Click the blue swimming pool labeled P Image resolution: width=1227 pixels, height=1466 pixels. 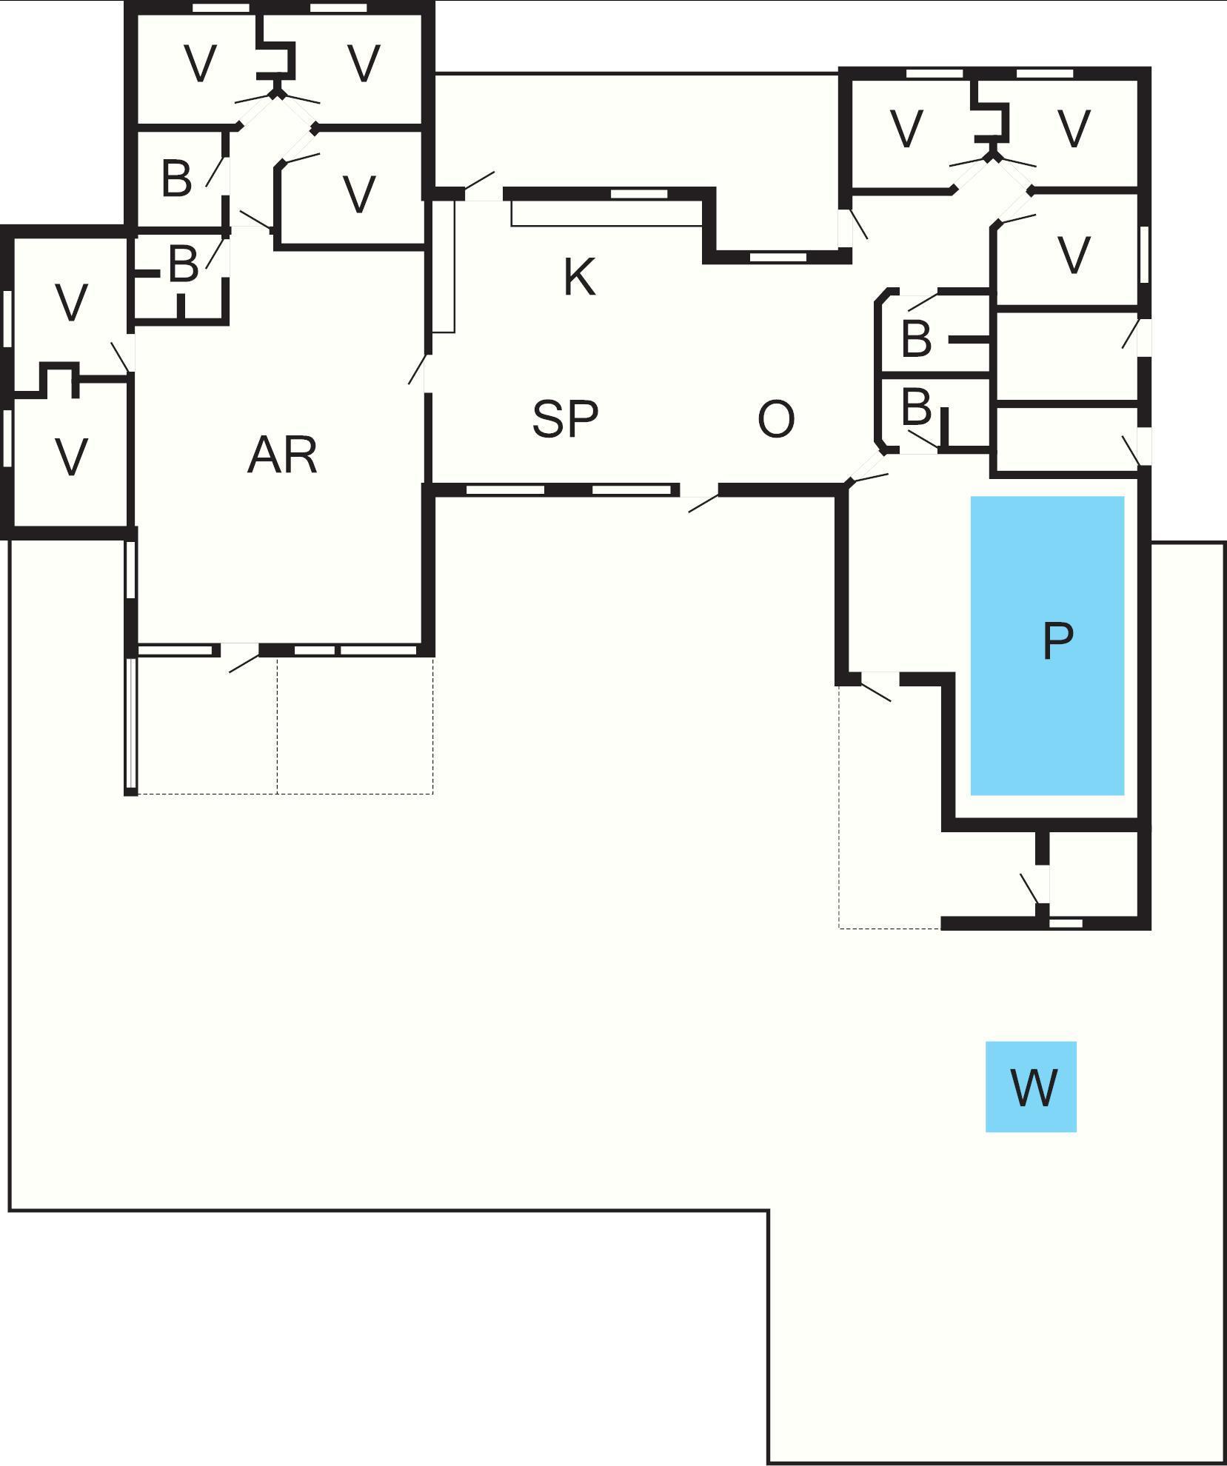pos(1047,645)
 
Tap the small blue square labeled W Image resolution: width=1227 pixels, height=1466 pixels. pos(1031,1087)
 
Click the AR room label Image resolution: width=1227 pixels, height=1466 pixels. pos(282,455)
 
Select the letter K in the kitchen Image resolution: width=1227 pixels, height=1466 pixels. pos(579,278)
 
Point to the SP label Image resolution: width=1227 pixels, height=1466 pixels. pos(565,418)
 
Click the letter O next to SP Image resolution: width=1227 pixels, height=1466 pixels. pos(776,418)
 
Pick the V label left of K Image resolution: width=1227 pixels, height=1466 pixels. pos(360,195)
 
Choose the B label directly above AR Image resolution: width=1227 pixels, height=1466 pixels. pos(183,264)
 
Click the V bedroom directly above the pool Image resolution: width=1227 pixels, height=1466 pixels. pos(1074,255)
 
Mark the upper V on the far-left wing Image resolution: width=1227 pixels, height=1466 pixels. pos(72,302)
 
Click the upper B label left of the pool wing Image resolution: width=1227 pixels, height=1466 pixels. pos(917,338)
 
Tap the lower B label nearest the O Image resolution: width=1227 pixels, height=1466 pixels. pos(917,406)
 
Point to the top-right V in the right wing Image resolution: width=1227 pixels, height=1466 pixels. pos(1074,128)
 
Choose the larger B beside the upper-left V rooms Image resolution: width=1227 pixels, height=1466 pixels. pos(176,178)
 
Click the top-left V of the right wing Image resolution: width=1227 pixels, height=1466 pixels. pos(907,128)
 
